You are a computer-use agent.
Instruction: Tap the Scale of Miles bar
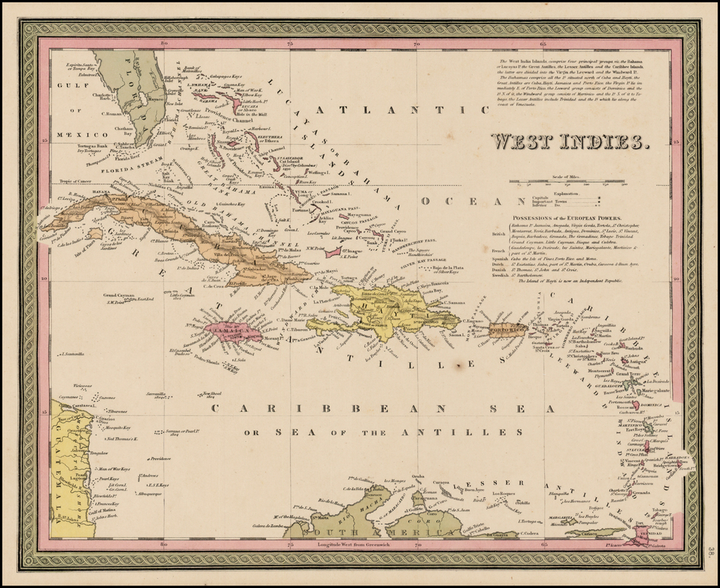coord(555,181)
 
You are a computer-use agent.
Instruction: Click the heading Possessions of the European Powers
coord(570,218)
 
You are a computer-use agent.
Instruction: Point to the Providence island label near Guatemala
coord(160,459)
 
